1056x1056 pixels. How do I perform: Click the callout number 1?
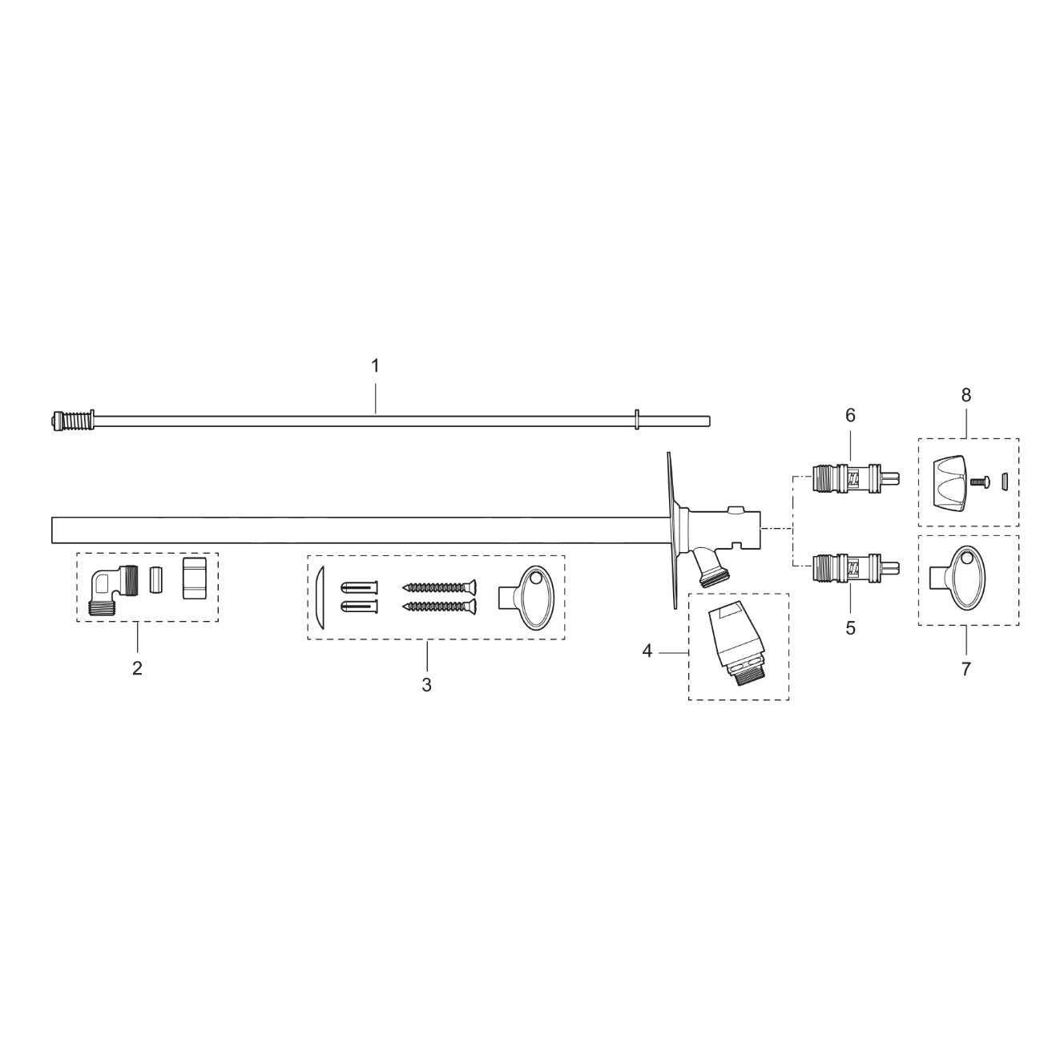click(x=374, y=365)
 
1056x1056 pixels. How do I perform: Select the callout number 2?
click(x=137, y=668)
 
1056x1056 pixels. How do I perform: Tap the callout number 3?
click(x=426, y=685)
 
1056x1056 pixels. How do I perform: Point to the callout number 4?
click(x=647, y=652)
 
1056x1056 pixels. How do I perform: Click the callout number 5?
click(x=850, y=628)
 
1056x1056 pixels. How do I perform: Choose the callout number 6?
click(x=850, y=415)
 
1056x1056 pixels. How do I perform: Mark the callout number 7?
click(x=965, y=669)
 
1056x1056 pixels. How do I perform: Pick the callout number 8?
click(x=965, y=394)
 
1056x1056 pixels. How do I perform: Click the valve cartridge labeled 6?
click(x=853, y=479)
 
